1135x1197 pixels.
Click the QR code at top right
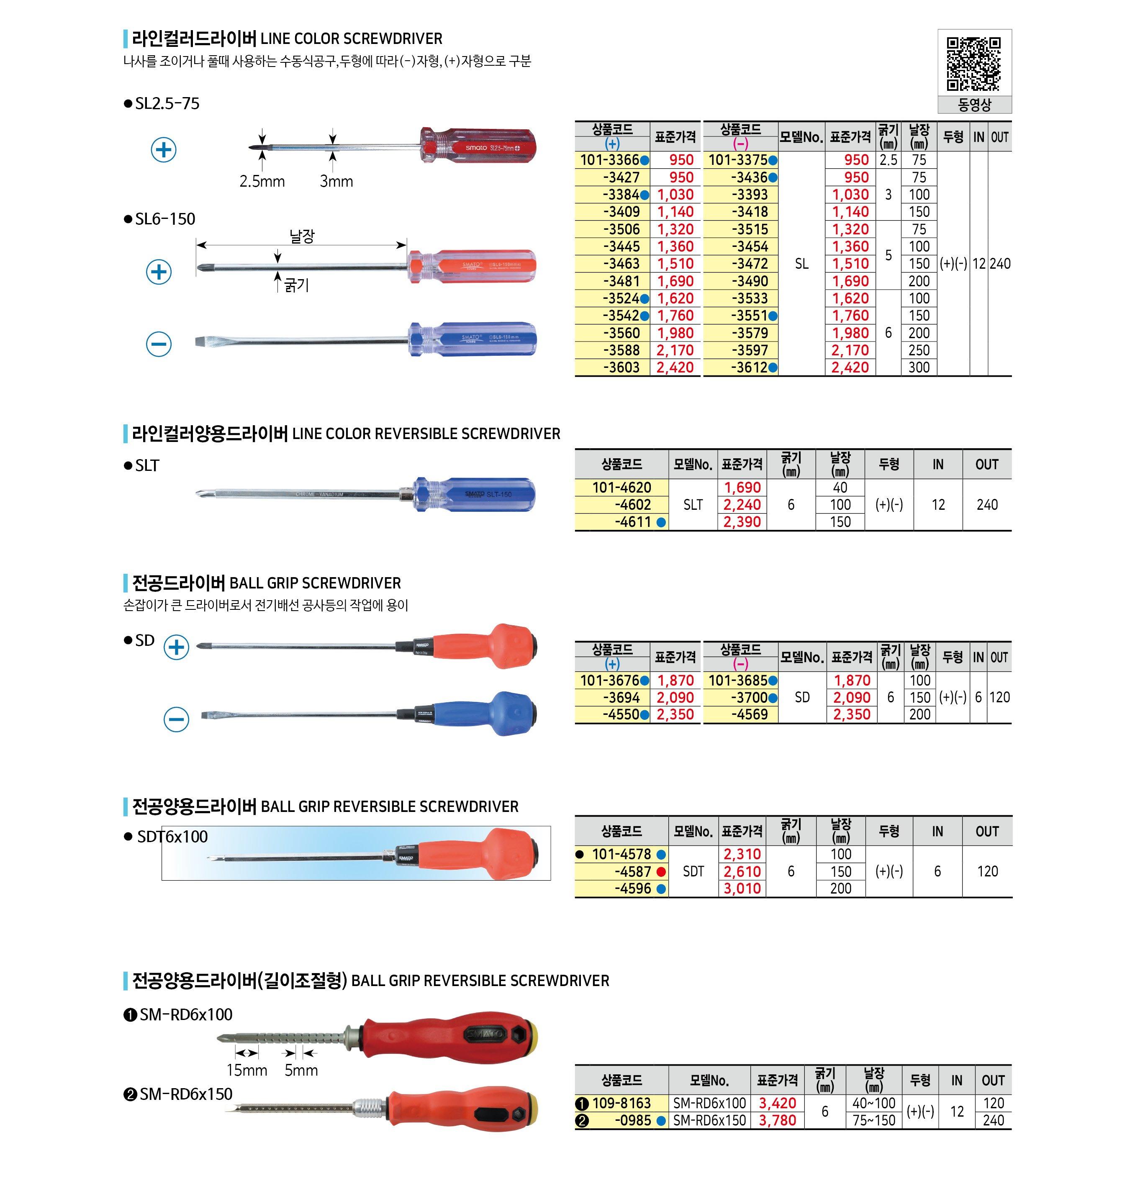(973, 64)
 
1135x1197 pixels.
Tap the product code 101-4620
(621, 488)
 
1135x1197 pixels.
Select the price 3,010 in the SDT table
(742, 889)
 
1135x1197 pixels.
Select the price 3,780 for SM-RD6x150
(778, 1120)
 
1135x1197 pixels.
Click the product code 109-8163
(621, 1103)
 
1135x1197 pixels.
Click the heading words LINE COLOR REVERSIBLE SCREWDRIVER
(426, 434)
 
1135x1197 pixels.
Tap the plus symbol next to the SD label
(177, 647)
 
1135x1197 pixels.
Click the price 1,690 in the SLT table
(742, 488)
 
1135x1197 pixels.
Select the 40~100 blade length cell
(873, 1103)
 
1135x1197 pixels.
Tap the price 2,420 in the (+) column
(675, 368)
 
